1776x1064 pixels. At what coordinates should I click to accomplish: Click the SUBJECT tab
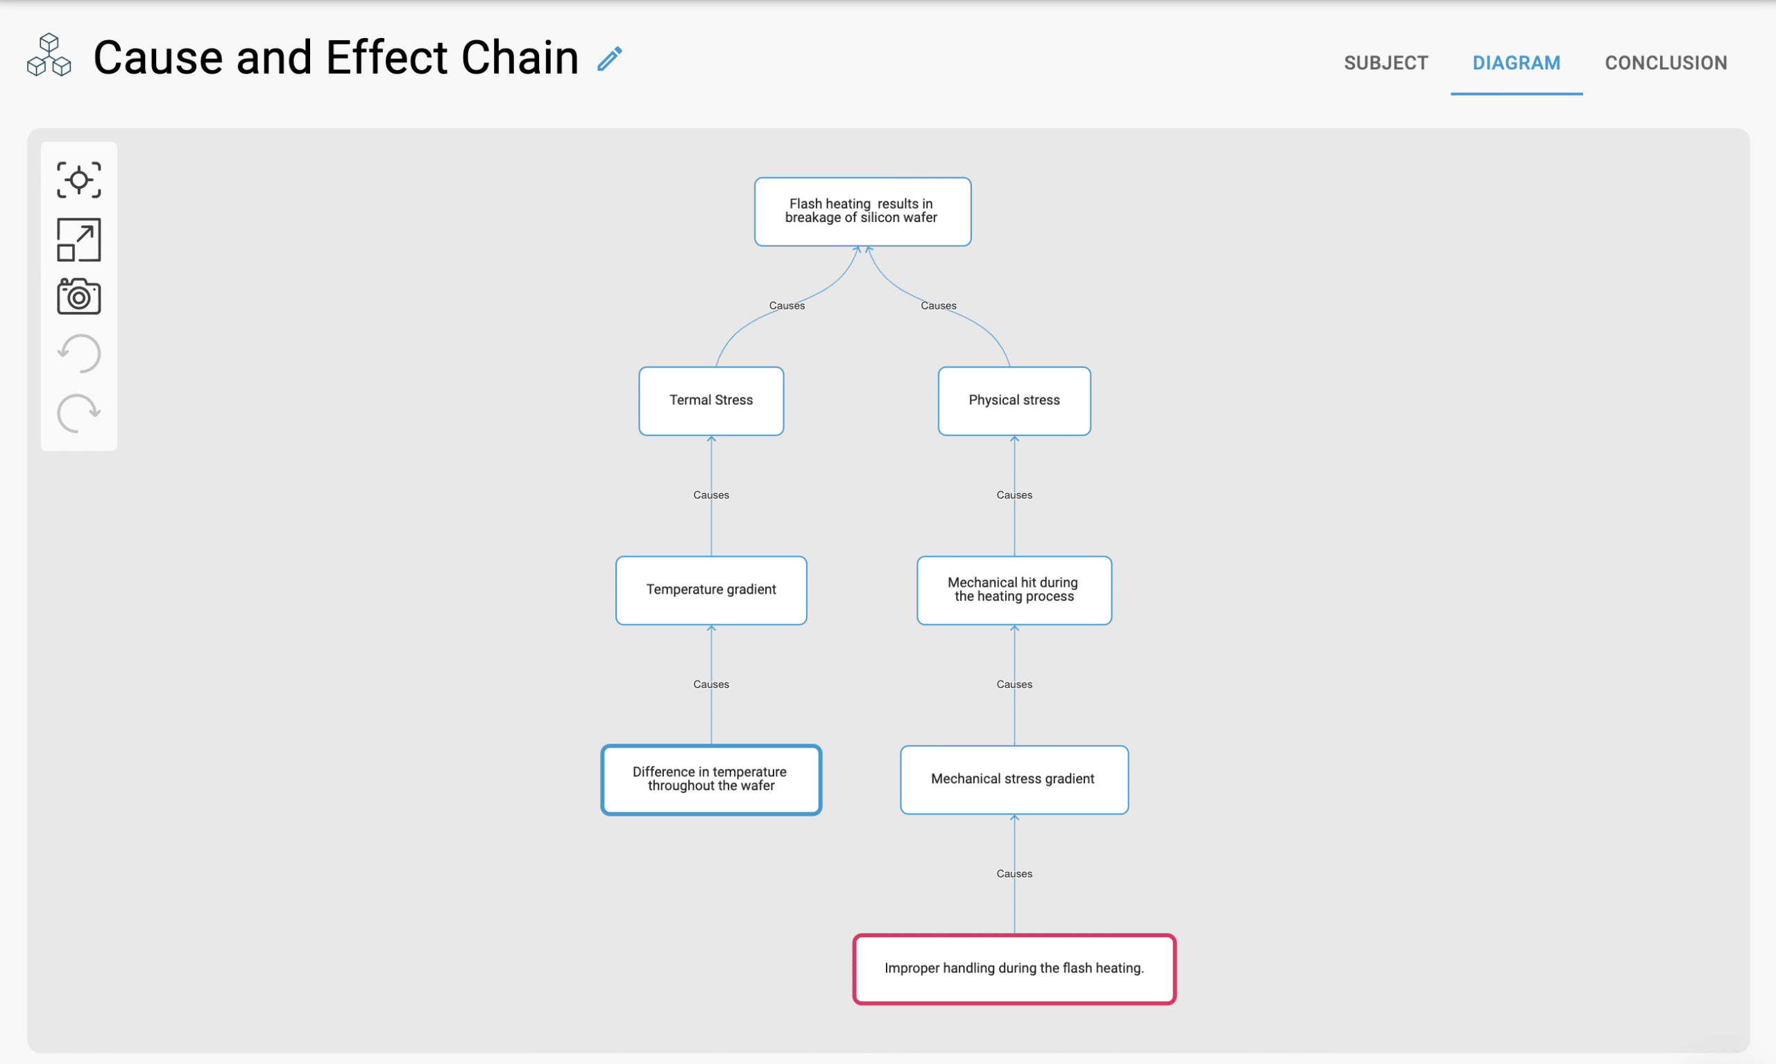[x=1385, y=63]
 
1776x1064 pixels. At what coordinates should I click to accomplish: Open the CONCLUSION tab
[x=1665, y=63]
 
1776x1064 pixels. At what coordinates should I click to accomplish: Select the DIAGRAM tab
[x=1516, y=63]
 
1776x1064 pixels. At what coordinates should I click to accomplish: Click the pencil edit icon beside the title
[x=609, y=59]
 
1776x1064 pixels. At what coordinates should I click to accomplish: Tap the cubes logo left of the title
[x=49, y=55]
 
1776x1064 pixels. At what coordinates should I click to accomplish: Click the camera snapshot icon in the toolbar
[x=79, y=296]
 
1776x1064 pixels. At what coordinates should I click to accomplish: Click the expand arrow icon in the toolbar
[x=79, y=239]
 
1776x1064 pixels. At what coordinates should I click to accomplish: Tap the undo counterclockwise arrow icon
[x=79, y=354]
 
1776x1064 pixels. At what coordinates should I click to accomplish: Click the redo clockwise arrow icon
[x=79, y=413]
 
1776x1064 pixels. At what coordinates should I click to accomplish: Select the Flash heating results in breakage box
[x=862, y=212]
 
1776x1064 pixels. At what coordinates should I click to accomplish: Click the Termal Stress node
[x=710, y=401]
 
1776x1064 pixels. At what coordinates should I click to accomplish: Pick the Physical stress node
[x=1014, y=401]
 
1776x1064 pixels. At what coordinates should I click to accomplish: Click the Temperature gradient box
[x=710, y=590]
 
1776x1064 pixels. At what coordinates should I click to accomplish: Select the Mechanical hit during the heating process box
[x=1014, y=590]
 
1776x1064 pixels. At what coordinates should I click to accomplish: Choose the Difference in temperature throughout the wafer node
[x=710, y=780]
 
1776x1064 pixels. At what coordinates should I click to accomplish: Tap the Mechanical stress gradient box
[x=1014, y=780]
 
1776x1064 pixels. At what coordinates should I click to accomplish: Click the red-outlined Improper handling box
[x=1014, y=969]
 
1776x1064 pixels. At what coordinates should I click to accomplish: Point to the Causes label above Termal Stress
[x=787, y=305]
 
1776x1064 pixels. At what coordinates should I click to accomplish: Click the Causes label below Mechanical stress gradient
[x=1014, y=873]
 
